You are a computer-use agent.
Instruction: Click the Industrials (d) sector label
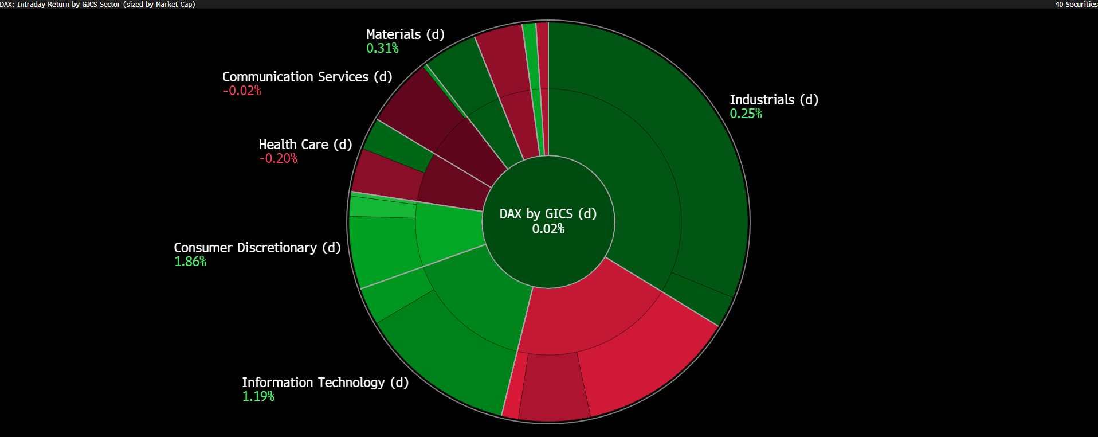click(x=774, y=100)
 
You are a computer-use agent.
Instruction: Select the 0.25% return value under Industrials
click(x=746, y=114)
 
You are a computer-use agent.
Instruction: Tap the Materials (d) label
click(x=405, y=34)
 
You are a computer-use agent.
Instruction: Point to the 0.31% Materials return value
click(x=382, y=48)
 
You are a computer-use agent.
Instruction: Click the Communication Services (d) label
click(x=307, y=77)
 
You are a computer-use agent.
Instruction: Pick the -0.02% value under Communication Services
click(x=242, y=91)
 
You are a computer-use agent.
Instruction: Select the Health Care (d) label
click(x=305, y=145)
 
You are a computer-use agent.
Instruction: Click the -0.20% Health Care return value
click(x=278, y=158)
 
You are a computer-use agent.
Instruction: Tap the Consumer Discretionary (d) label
click(x=257, y=248)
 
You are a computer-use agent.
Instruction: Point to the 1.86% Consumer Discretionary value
click(x=190, y=262)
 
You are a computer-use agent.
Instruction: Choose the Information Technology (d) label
click(x=325, y=383)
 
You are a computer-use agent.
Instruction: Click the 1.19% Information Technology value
click(x=258, y=396)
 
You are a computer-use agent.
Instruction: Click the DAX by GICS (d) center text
click(x=548, y=214)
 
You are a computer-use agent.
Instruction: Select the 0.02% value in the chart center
click(x=548, y=229)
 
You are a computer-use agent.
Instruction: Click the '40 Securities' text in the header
click(x=1076, y=5)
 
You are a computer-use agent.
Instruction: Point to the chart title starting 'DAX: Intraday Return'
click(x=97, y=5)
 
